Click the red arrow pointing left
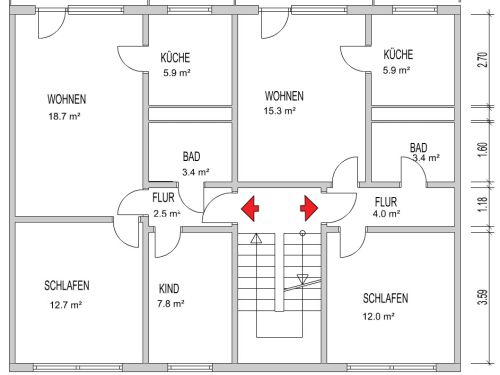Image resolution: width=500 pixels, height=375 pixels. click(x=250, y=209)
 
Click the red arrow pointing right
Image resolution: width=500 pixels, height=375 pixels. click(x=309, y=209)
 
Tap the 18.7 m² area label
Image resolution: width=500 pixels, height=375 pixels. click(x=64, y=116)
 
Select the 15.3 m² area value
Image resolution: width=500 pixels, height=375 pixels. click(x=280, y=111)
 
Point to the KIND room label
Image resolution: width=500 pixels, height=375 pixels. click(x=169, y=289)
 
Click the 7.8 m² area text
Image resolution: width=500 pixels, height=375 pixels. click(x=171, y=304)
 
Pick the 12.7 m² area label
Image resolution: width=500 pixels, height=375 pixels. click(x=66, y=305)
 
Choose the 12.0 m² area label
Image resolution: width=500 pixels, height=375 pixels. click(x=379, y=316)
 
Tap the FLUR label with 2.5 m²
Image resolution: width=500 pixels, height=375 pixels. click(x=163, y=198)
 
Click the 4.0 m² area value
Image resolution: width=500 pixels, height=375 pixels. click(x=386, y=214)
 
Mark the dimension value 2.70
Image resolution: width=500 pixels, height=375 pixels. click(x=483, y=60)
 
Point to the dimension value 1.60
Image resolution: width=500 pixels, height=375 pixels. click(x=483, y=150)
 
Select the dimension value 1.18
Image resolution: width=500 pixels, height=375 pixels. click(x=483, y=204)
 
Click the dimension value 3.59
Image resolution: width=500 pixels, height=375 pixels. click(x=483, y=297)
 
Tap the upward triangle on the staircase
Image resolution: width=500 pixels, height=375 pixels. click(x=256, y=238)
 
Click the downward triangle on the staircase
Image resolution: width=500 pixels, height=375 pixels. click(x=302, y=279)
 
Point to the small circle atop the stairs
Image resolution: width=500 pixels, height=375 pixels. click(x=302, y=233)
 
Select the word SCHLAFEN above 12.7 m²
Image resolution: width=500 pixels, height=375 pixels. click(x=67, y=286)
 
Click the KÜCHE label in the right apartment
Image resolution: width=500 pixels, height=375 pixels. click(x=398, y=55)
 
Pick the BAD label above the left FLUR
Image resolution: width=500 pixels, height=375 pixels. click(x=191, y=157)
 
